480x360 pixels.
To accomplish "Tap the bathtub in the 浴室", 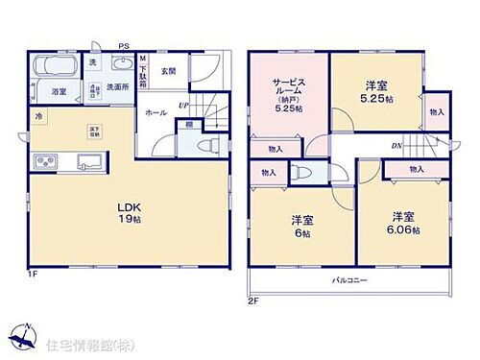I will coord(49,70).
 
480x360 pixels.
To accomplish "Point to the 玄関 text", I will coord(169,70).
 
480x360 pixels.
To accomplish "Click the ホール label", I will coord(156,112).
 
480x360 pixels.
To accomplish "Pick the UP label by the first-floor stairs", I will coord(182,106).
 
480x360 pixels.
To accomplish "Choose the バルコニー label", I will coord(350,281).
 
